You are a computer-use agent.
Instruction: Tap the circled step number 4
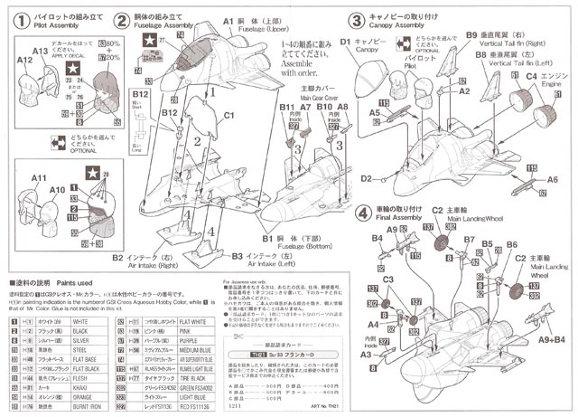[x=363, y=213]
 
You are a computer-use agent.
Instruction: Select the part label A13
[x=24, y=57]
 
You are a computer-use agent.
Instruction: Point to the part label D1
[x=346, y=40]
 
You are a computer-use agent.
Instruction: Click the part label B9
[x=471, y=34]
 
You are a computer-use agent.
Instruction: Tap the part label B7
[x=469, y=239]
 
